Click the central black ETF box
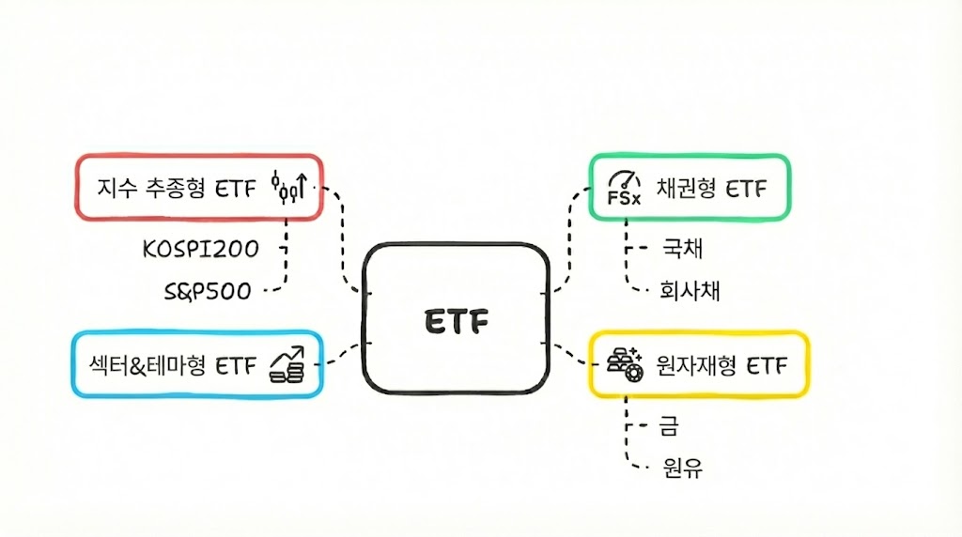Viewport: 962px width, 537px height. pos(455,319)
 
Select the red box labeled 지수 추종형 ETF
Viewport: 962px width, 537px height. pos(197,188)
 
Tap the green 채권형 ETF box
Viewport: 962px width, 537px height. pos(689,188)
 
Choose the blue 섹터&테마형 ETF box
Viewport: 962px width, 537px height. pos(197,363)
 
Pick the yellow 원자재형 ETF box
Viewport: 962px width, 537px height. pos(697,363)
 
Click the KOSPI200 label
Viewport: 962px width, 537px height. pos(200,249)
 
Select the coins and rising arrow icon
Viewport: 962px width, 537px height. pos(287,364)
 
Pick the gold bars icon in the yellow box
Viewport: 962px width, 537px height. pos(625,363)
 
